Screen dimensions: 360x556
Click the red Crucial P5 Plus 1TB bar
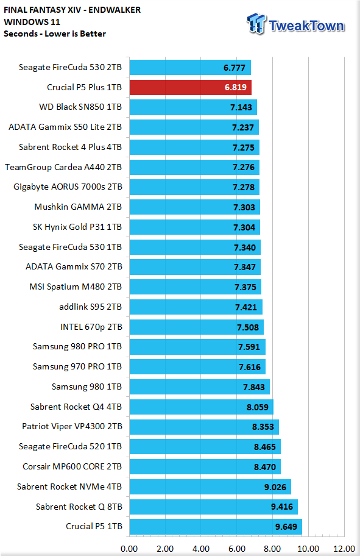tap(190, 87)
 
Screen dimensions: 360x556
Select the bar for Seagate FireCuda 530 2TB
tap(190, 68)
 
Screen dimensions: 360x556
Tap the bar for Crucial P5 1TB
tap(216, 527)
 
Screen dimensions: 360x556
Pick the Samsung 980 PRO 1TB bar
tap(197, 347)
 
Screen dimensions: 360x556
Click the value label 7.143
tap(241, 107)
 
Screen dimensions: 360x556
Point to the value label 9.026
tap(275, 487)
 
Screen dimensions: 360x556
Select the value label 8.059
tap(258, 407)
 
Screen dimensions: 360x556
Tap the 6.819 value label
tap(236, 87)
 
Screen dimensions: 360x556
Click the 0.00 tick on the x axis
tap(129, 549)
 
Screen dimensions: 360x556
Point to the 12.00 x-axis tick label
tap(344, 549)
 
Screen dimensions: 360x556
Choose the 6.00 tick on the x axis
tap(237, 549)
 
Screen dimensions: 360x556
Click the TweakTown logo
tap(295, 24)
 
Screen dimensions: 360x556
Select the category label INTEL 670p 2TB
tap(91, 327)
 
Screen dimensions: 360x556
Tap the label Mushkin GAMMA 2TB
tap(78, 207)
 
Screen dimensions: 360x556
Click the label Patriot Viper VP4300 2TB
tap(72, 426)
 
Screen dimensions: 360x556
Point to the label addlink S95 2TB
tap(90, 307)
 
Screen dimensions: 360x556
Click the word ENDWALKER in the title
tap(115, 10)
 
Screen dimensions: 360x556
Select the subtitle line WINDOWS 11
tap(32, 22)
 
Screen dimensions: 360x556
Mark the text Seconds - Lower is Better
tap(55, 34)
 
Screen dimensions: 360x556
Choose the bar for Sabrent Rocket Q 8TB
tap(213, 507)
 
